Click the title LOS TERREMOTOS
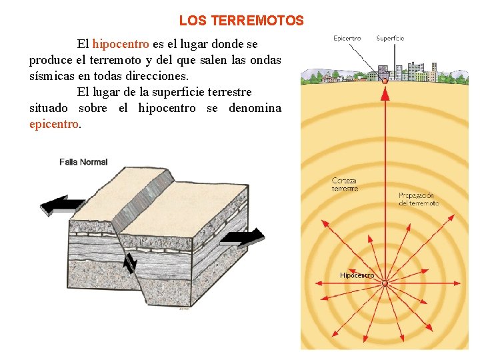coord(241,21)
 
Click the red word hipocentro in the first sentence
coord(121,45)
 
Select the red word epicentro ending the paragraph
coord(53,124)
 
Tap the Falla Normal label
coord(83,162)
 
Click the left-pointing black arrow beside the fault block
coord(62,205)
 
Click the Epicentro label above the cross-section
coord(347,39)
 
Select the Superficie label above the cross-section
coord(390,39)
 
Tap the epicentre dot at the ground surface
coord(385,81)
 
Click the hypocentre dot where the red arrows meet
coord(385,283)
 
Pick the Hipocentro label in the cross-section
coord(357,275)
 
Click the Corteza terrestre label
coord(345,185)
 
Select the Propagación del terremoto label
coord(419,199)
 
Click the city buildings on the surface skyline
coord(393,71)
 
